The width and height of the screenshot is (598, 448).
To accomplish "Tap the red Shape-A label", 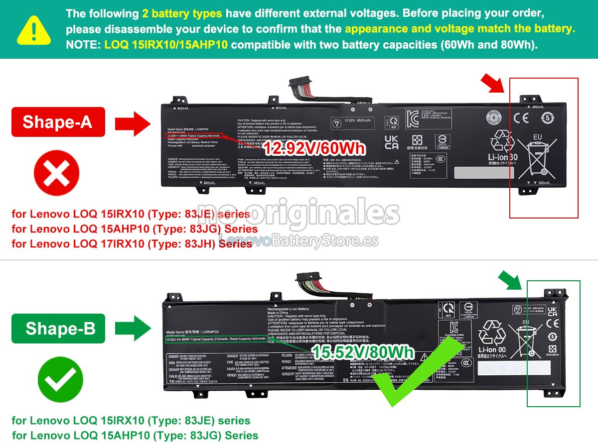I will click(x=58, y=121).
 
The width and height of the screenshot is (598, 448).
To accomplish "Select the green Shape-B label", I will click(x=58, y=328).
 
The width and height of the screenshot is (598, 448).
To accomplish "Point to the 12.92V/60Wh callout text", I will click(x=314, y=148).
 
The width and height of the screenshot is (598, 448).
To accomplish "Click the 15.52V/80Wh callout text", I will click(x=362, y=352).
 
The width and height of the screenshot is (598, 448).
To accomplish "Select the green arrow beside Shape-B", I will click(x=133, y=328).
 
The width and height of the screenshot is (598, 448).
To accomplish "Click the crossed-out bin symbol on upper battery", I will click(x=537, y=159).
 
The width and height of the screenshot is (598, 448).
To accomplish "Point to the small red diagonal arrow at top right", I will click(x=493, y=82).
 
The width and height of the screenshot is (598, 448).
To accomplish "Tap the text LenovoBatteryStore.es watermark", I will click(x=299, y=241).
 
